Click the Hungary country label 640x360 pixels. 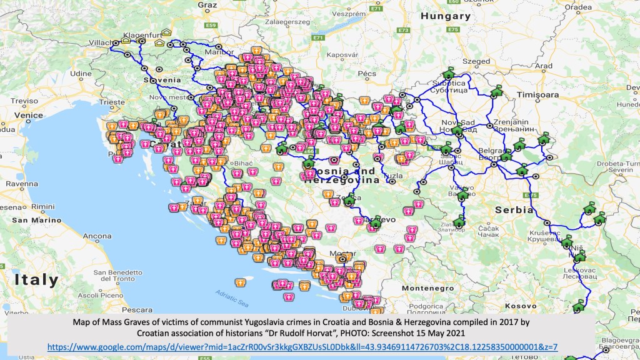click(x=445, y=16)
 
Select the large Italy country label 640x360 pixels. click(x=36, y=280)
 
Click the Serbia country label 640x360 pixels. click(x=514, y=210)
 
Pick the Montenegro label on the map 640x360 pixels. click(x=427, y=288)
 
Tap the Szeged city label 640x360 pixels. click(x=477, y=61)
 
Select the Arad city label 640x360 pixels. click(x=544, y=66)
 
